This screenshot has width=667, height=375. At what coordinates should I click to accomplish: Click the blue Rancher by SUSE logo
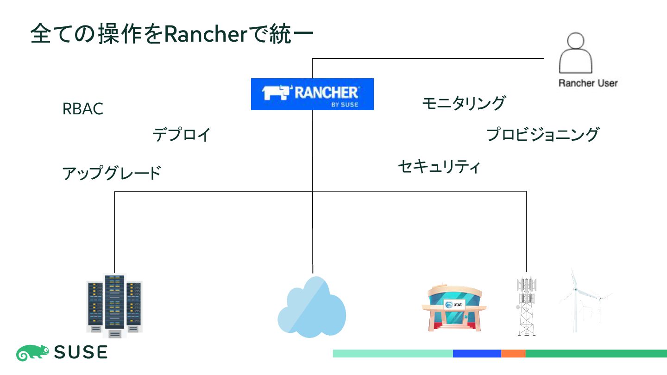point(312,94)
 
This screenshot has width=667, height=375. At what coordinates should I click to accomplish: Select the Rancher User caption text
point(588,83)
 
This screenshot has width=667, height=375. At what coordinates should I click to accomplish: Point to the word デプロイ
point(181,135)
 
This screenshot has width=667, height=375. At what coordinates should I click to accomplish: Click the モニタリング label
point(463,103)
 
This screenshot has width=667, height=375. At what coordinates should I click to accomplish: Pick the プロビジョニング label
point(542,134)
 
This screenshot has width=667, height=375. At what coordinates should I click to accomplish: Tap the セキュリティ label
point(439,166)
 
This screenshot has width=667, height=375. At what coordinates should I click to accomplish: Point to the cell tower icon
point(526,306)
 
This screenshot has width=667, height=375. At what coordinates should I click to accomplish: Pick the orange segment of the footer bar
point(513,354)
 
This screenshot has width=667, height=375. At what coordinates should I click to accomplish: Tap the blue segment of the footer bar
point(477,354)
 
